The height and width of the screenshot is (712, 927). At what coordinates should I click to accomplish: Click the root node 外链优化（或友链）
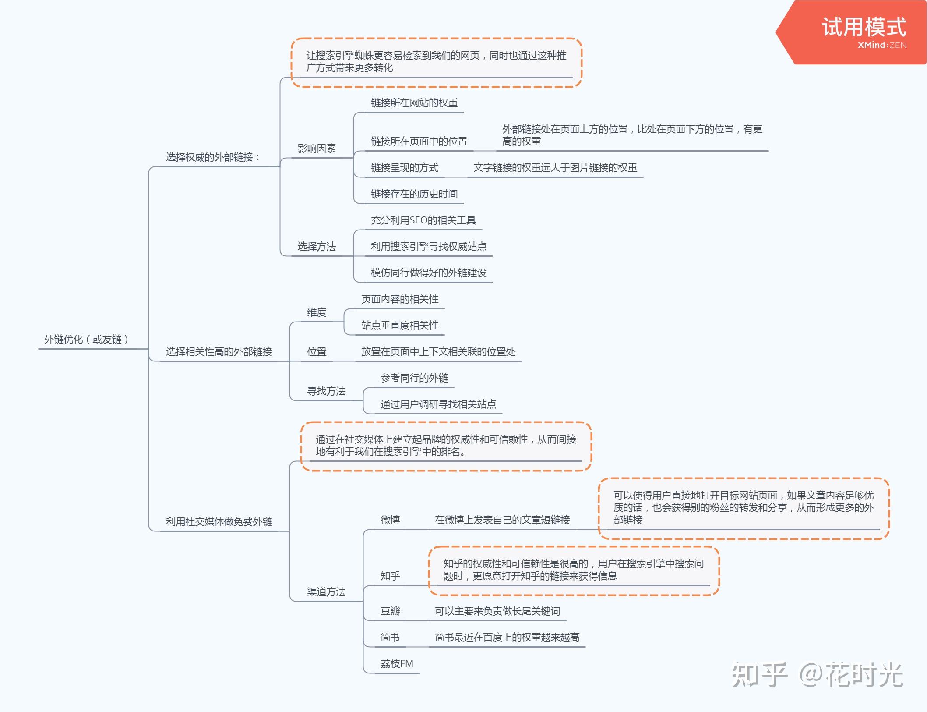pyautogui.click(x=86, y=340)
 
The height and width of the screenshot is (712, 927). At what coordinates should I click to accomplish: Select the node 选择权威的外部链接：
pyautogui.click(x=213, y=157)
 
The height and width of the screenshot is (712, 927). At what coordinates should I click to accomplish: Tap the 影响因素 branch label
pyautogui.click(x=316, y=149)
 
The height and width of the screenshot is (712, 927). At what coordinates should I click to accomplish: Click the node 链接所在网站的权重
pyautogui.click(x=414, y=103)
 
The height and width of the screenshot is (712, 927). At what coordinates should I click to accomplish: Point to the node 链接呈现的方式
pyautogui.click(x=404, y=168)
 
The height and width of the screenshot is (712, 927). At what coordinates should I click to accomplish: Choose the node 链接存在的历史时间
pyautogui.click(x=414, y=194)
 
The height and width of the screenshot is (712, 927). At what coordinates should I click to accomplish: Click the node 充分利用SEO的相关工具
pyautogui.click(x=423, y=220)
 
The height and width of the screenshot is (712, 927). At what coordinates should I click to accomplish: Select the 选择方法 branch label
pyautogui.click(x=316, y=247)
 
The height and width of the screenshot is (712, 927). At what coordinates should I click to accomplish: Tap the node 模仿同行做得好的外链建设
pyautogui.click(x=428, y=273)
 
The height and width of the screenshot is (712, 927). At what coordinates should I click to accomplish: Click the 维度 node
pyautogui.click(x=316, y=312)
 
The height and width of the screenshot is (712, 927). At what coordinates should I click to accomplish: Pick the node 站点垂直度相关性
pyautogui.click(x=399, y=326)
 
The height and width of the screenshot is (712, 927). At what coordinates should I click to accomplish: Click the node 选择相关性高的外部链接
pyautogui.click(x=219, y=352)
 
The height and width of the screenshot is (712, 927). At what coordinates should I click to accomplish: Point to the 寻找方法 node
pyautogui.click(x=326, y=391)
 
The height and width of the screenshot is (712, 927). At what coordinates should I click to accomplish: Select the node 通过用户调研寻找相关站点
pyautogui.click(x=438, y=404)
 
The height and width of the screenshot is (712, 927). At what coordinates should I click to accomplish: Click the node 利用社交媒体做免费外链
pyautogui.click(x=219, y=522)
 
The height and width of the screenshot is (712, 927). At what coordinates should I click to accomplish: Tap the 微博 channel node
pyautogui.click(x=390, y=520)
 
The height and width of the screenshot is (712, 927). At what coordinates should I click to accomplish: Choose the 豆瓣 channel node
pyautogui.click(x=390, y=611)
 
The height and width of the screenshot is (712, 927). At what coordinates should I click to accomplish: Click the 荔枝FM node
pyautogui.click(x=396, y=664)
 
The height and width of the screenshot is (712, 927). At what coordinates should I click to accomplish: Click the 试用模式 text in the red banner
pyautogui.click(x=864, y=27)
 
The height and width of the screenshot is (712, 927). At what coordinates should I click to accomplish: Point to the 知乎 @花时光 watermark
pyautogui.click(x=817, y=675)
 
